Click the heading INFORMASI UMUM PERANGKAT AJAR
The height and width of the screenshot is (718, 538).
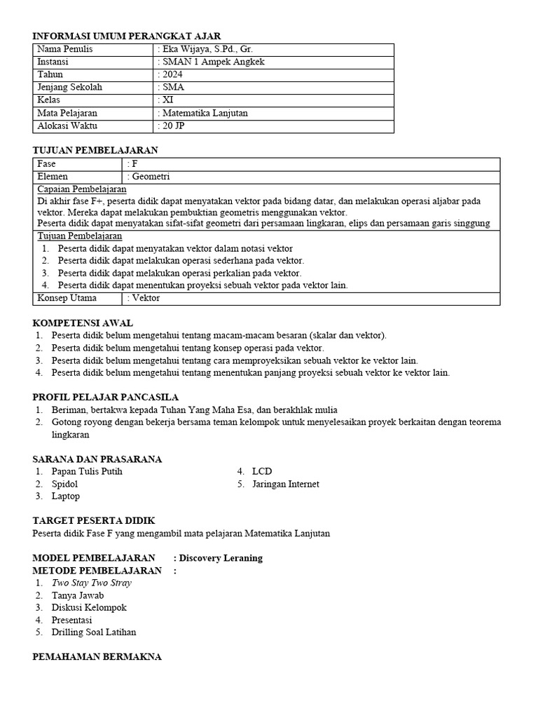pos(127,36)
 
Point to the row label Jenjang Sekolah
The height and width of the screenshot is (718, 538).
pos(69,88)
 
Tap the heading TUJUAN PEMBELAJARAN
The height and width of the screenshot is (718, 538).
pos(96,150)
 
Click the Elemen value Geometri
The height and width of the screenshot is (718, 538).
pos(149,177)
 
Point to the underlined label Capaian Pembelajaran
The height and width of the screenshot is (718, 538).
pos(82,189)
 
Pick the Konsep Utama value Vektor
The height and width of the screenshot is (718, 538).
pos(145,298)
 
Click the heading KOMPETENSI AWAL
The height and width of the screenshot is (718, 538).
pos(83,323)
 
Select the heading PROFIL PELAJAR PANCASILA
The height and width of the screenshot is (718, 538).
pos(106,397)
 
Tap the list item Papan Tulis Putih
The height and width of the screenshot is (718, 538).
pos(87,471)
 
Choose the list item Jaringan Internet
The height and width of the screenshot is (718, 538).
pos(285,484)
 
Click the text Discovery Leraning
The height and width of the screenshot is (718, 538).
pos(221,558)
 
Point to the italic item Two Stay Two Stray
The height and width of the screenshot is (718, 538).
pos(91,583)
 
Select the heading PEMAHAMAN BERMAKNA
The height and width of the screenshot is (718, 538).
pos(97,656)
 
